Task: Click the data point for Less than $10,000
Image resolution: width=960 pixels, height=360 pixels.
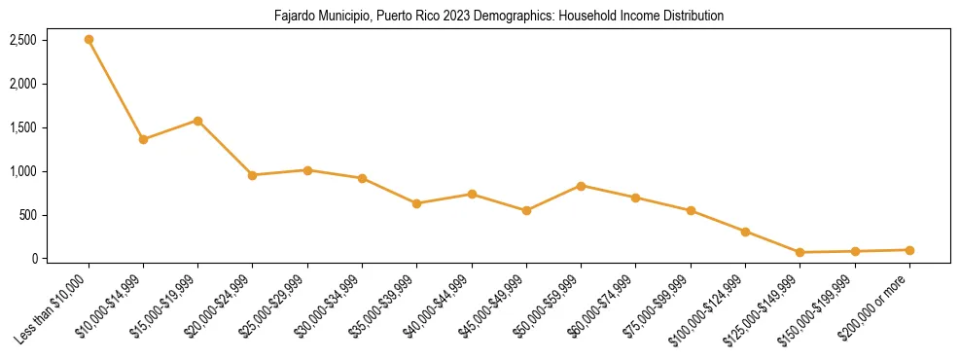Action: [x=89, y=40]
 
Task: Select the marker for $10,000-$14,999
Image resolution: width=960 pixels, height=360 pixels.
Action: [x=143, y=139]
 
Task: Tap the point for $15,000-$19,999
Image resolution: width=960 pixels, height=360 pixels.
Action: [x=198, y=121]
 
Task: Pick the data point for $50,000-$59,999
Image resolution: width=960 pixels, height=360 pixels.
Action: [x=581, y=186]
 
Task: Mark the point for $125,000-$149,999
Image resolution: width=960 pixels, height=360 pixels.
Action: [x=800, y=252]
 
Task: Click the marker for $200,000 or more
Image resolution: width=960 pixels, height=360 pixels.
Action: [x=909, y=250]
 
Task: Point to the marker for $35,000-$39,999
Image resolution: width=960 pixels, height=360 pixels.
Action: [x=416, y=203]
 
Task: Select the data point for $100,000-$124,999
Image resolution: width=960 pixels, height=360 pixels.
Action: [x=745, y=232]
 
